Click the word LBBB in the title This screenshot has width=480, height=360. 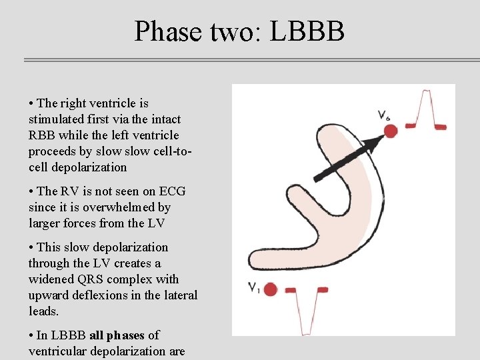tap(307, 31)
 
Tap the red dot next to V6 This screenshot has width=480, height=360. tap(391, 131)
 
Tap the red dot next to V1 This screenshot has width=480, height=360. tap(270, 289)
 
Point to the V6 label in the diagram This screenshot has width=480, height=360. tap(384, 115)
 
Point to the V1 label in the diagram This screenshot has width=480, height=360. tap(254, 288)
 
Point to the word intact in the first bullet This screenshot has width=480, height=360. tap(165, 119)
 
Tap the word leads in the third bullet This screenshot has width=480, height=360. tap(43, 311)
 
